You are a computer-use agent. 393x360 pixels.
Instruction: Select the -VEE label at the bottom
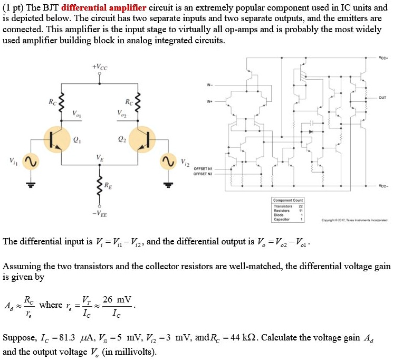[99, 213]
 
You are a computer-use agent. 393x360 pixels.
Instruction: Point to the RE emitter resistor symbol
[99, 185]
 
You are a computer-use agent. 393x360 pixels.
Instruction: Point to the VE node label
[99, 157]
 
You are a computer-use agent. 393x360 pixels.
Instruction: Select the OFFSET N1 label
[203, 168]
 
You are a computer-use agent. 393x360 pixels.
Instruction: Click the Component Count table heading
[287, 200]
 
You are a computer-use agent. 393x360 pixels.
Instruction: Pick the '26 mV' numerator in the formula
[117, 300]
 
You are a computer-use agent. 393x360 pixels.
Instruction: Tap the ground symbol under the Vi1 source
[31, 184]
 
